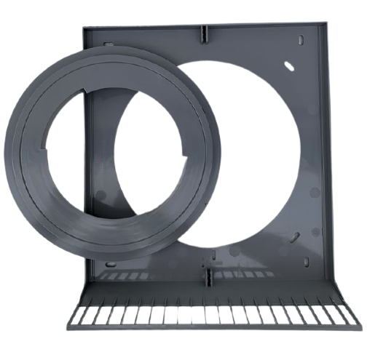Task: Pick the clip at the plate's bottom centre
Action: pyautogui.click(x=207, y=275)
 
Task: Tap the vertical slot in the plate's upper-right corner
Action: pyautogui.click(x=301, y=43)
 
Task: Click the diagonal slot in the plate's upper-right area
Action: pyautogui.click(x=289, y=66)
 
